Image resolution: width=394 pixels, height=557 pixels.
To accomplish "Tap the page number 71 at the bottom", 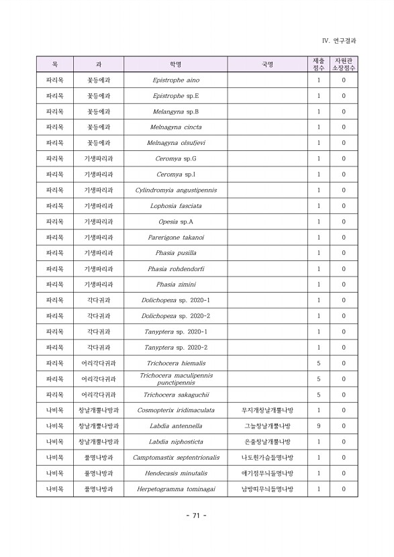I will [x=196, y=515].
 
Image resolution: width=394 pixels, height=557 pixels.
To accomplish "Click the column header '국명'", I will [x=267, y=64].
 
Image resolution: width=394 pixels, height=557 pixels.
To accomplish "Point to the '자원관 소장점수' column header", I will [x=344, y=64].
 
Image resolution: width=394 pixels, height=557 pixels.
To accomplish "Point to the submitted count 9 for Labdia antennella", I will [x=318, y=426].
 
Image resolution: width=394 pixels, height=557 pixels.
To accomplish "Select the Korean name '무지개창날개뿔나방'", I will [x=267, y=410].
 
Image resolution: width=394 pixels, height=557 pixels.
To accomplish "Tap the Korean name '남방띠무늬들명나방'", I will [x=267, y=489].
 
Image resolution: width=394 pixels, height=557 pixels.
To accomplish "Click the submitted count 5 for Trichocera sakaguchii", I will [x=318, y=395].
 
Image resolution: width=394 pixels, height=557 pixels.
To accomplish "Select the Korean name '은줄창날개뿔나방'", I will [x=267, y=442].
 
